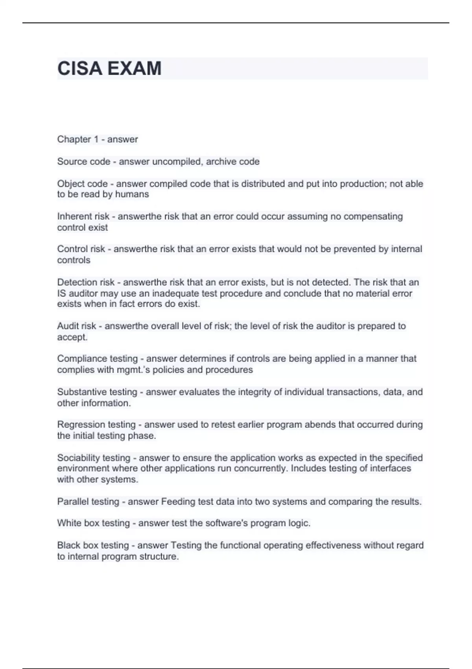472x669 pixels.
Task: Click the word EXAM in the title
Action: (134, 68)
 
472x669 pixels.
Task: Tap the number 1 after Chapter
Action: (96, 139)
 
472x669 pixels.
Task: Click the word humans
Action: (132, 194)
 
